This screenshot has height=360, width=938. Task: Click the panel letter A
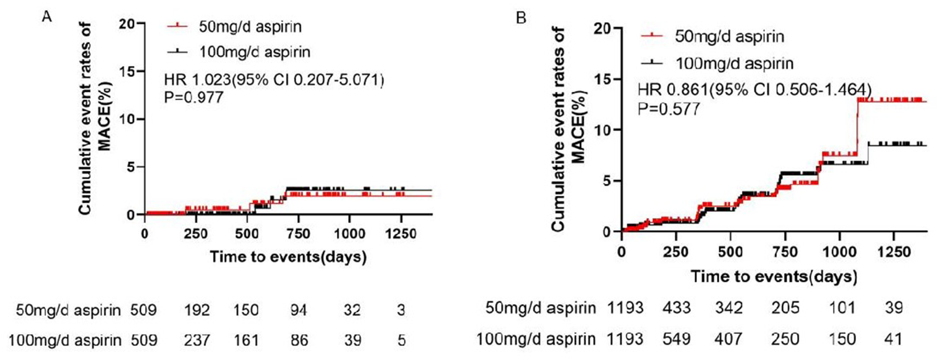47,17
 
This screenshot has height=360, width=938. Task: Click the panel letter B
521,19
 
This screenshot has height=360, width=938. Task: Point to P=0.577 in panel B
669,109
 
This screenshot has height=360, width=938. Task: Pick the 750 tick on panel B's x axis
785,252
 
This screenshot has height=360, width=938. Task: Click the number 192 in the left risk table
197,310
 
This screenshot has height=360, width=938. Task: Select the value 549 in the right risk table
677,339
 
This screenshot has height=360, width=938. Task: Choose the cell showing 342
729,308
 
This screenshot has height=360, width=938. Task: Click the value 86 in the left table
299,340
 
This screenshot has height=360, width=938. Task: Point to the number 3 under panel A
401,310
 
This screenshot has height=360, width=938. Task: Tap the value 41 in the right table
894,339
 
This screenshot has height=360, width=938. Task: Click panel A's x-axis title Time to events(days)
288,256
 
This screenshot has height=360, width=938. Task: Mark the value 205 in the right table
785,308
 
